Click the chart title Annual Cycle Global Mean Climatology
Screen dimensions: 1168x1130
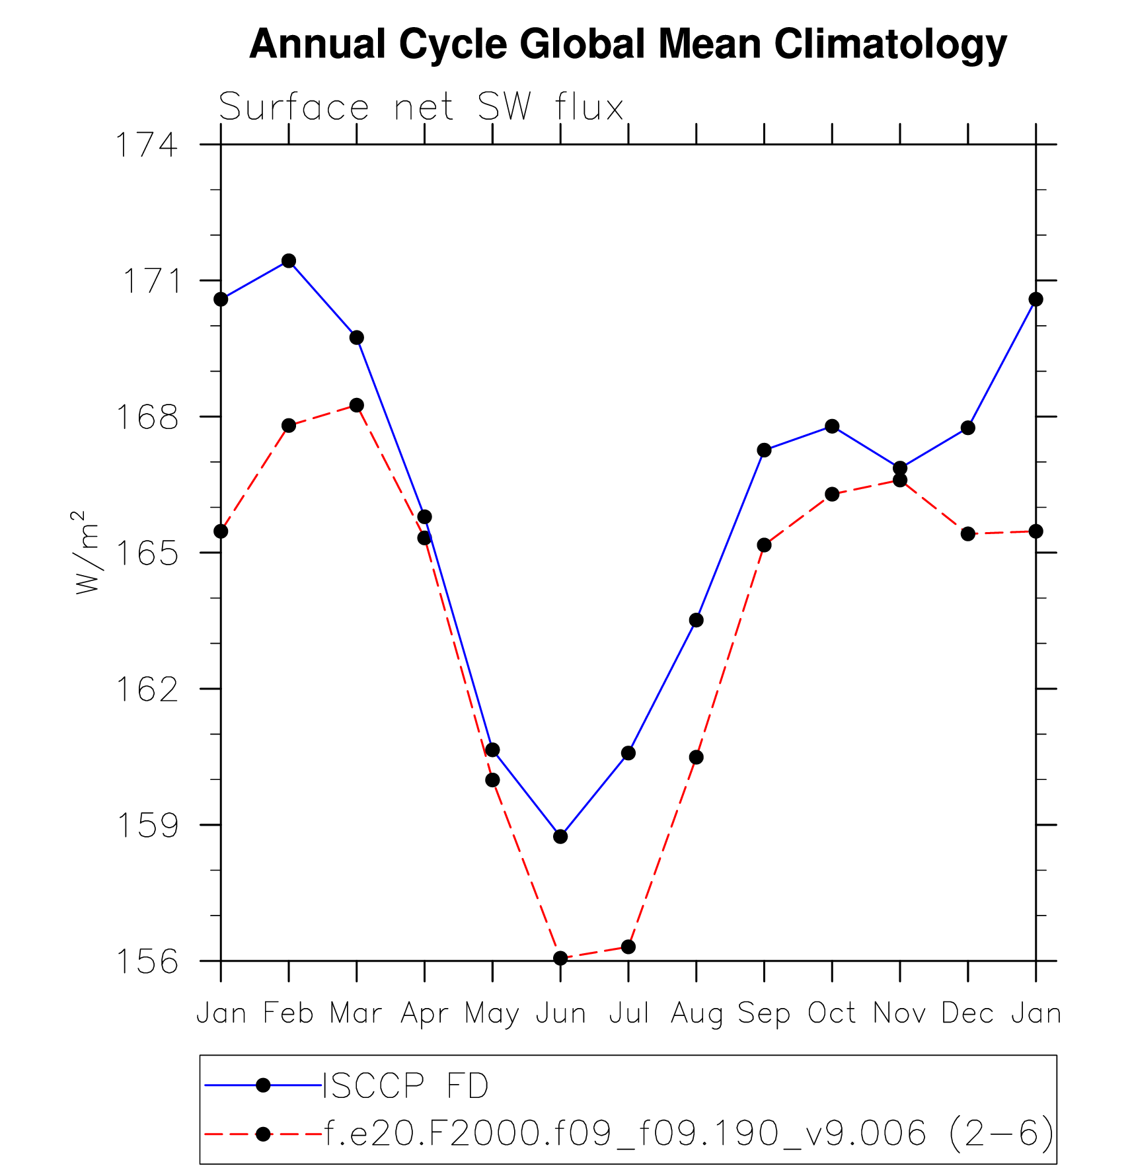click(628, 45)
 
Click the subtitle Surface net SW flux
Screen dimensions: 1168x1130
click(421, 107)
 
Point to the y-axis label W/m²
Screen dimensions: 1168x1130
click(87, 553)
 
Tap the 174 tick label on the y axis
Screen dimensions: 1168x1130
click(147, 145)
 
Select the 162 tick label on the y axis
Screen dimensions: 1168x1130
click(147, 689)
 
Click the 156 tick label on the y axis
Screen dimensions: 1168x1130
click(147, 962)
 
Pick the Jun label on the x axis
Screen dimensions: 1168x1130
click(560, 1013)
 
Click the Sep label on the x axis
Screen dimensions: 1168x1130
click(764, 1013)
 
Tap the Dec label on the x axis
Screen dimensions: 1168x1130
click(967, 1013)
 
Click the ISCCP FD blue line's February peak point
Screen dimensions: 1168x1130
click(289, 260)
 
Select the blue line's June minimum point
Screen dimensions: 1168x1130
click(560, 837)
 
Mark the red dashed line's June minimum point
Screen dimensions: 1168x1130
click(560, 958)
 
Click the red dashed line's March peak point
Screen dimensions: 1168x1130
click(357, 405)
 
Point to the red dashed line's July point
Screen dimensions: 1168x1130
click(628, 947)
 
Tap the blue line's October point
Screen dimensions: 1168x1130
click(832, 426)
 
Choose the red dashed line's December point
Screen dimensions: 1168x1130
click(968, 533)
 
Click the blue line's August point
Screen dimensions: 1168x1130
click(696, 620)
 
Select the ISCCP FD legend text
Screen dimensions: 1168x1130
click(406, 1085)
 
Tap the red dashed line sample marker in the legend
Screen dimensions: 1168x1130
click(263, 1134)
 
